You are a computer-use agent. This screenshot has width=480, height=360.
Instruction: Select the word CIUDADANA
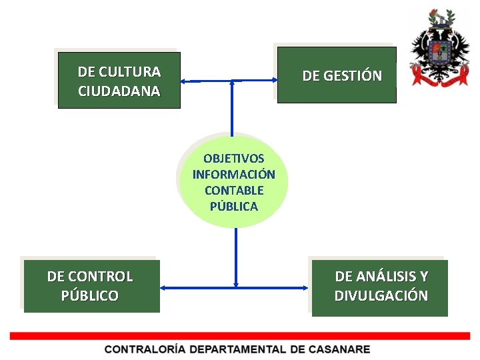point(119,91)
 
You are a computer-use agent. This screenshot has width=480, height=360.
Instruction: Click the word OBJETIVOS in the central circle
point(233,159)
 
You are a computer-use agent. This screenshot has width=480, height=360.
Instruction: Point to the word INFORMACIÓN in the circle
point(233,175)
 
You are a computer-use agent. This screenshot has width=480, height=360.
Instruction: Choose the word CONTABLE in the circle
point(234,191)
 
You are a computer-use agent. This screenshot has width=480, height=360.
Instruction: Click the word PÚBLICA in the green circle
point(233,207)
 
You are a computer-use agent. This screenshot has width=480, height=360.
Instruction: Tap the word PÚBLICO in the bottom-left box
point(90,295)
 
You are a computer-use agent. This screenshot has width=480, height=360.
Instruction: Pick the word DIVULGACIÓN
point(381,295)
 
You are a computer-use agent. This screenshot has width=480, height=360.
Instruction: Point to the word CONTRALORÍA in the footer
point(145,349)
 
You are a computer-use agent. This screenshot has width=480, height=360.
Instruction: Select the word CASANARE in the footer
point(339,349)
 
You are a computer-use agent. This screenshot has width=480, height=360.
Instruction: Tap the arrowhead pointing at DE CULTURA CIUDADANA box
point(185,81)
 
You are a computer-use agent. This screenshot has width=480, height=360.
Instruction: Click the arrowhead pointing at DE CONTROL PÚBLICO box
point(164,287)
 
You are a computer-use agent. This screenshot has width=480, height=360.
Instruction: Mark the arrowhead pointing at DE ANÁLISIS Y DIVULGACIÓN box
point(307,287)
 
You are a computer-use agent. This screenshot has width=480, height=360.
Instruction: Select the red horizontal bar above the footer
point(240,336)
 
